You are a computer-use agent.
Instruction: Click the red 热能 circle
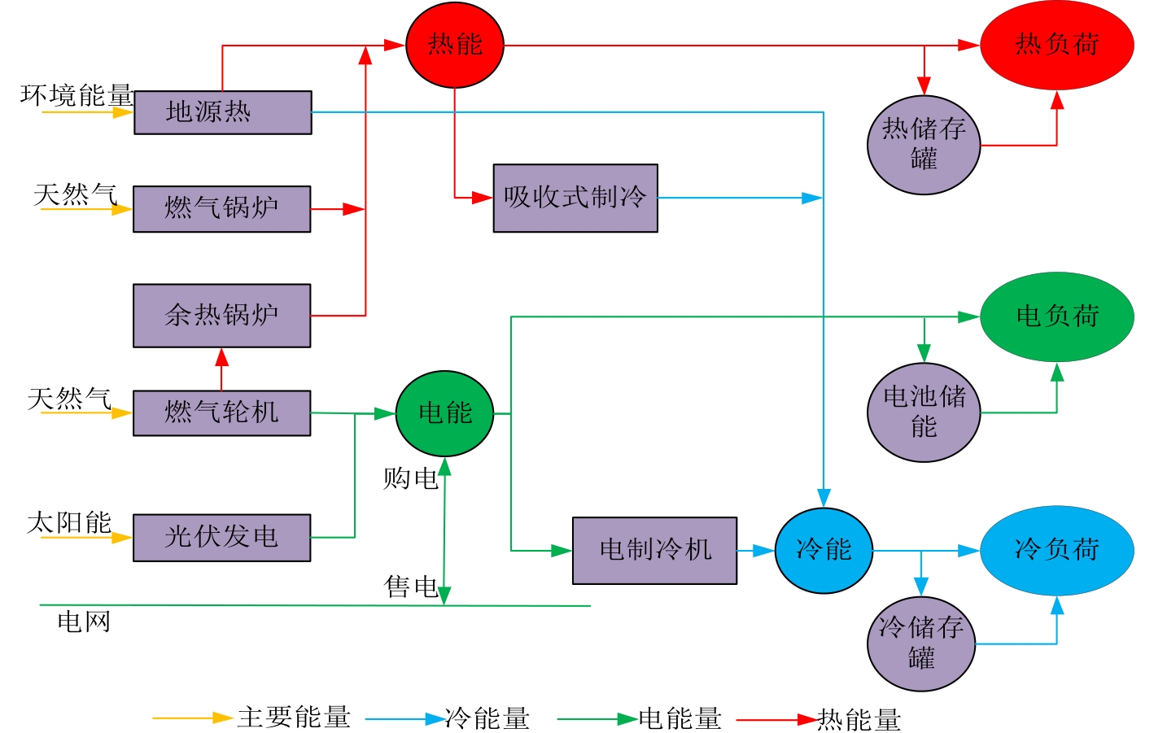(455, 46)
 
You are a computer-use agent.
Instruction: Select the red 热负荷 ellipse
(1056, 45)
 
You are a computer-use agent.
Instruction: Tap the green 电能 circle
(444, 413)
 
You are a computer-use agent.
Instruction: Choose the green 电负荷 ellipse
(1056, 316)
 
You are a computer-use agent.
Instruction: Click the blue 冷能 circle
(824, 551)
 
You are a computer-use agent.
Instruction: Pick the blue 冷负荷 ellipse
(1056, 551)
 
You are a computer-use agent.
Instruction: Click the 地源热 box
(222, 112)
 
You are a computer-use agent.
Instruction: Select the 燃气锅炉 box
(221, 209)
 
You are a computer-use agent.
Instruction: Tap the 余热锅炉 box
(221, 316)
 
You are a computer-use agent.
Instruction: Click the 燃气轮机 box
(221, 413)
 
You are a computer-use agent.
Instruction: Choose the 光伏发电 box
(221, 538)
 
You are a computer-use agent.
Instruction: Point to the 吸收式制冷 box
(575, 199)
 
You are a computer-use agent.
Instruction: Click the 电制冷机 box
(654, 551)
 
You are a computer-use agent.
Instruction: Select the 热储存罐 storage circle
(924, 145)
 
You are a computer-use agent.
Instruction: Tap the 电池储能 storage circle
(924, 412)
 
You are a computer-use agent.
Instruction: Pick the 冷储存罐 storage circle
(921, 643)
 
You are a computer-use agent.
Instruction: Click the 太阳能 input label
(69, 522)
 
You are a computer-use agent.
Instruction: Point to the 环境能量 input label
(76, 95)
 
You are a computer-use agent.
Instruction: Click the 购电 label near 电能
(410, 478)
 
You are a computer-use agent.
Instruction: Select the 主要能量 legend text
(294, 718)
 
